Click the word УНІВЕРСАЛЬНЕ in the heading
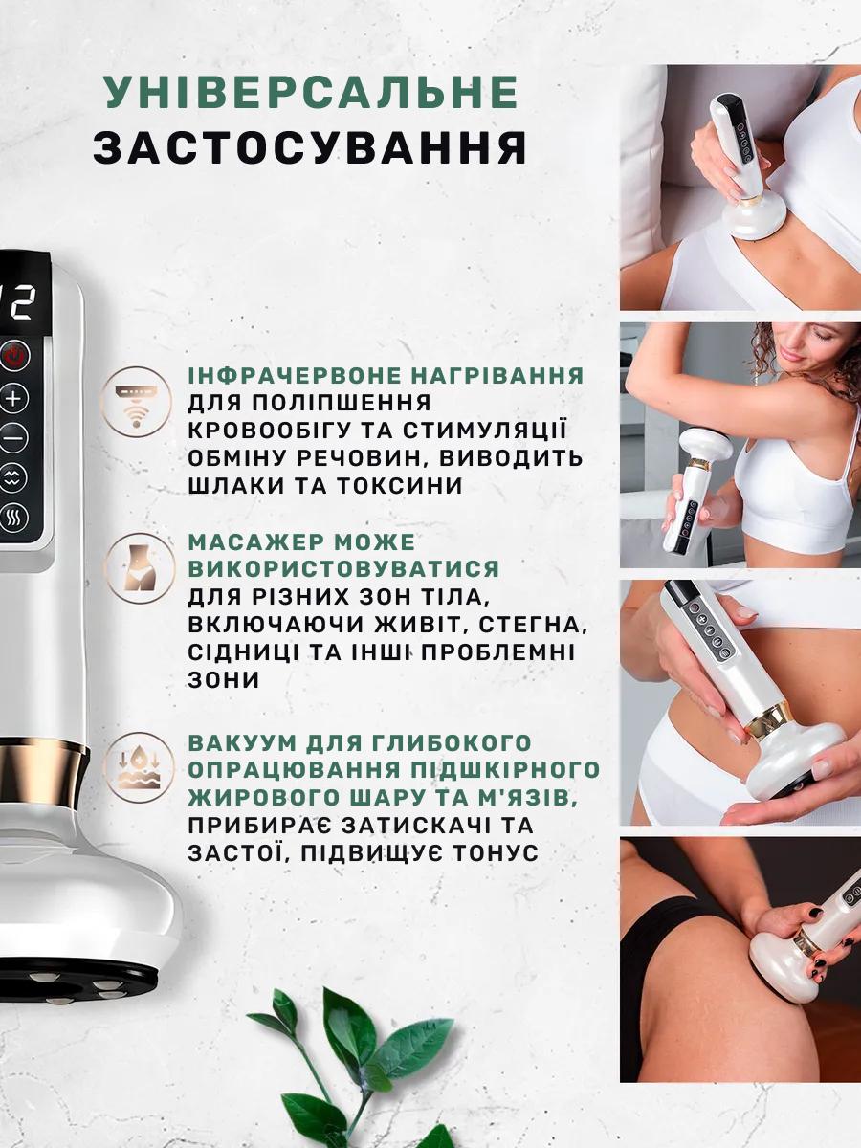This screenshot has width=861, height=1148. click(311, 92)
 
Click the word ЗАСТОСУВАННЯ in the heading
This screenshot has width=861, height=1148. click(311, 149)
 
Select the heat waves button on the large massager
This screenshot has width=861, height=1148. click(14, 518)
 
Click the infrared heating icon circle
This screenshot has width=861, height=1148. click(138, 400)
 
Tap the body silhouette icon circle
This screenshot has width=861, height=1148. click(138, 568)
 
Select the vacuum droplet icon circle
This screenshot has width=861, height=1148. click(138, 765)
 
